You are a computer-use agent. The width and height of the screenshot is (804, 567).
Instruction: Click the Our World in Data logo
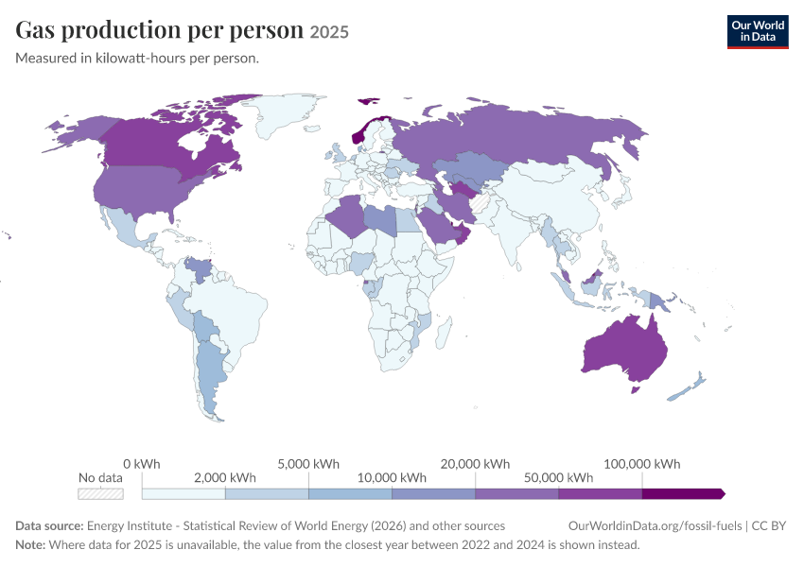coord(758,32)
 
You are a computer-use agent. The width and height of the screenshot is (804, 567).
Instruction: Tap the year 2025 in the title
coord(329,32)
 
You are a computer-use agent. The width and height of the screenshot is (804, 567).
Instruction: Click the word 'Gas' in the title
coord(35,30)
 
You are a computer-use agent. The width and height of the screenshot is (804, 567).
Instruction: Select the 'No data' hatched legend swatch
coord(100,493)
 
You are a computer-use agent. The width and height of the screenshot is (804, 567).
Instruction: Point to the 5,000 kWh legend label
coord(308,464)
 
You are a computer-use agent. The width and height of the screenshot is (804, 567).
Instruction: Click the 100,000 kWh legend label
coord(642,464)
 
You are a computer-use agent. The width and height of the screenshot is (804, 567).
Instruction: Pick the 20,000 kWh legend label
coord(475,464)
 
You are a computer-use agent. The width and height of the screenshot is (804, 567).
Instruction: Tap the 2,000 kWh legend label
coord(224,478)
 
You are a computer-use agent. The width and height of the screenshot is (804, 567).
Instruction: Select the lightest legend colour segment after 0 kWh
coord(184,493)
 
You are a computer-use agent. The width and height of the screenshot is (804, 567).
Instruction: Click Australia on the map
coord(625,352)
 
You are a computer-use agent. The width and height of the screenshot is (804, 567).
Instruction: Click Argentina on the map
coord(210,375)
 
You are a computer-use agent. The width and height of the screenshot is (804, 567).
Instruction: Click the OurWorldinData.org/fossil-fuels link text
coord(655,526)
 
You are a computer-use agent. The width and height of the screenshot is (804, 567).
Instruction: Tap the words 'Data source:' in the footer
coord(49,526)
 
